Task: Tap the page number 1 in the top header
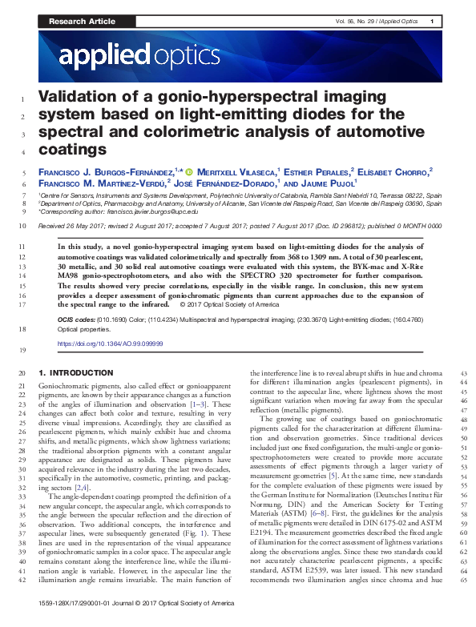432,21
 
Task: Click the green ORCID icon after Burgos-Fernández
189,171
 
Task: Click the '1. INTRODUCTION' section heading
76,373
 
